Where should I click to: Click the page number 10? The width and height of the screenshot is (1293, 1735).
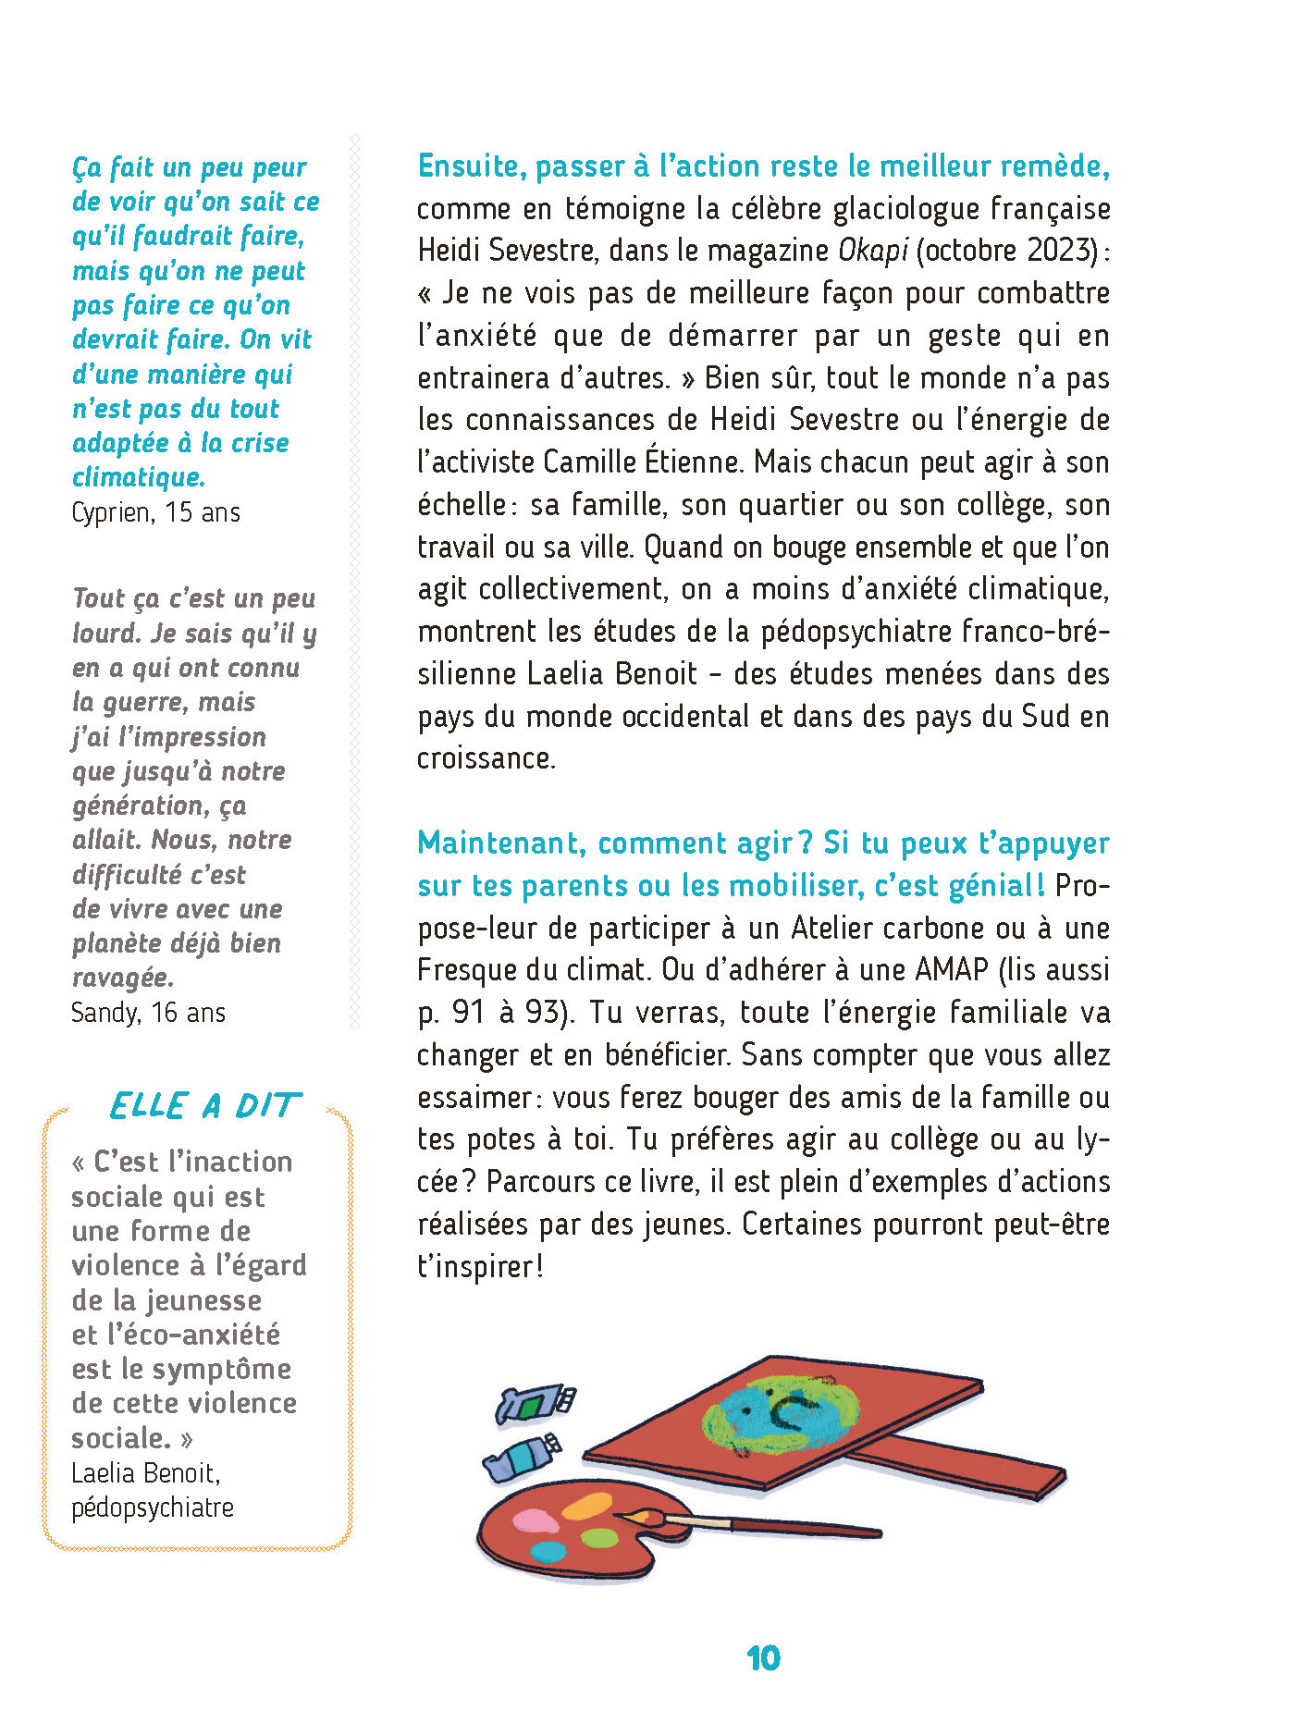[763, 1658]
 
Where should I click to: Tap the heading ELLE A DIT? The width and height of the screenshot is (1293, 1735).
[204, 1105]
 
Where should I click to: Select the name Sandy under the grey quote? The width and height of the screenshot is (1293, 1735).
[105, 1013]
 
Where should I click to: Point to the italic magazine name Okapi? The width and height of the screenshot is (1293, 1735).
[873, 251]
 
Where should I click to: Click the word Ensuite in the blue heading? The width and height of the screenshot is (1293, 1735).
[471, 166]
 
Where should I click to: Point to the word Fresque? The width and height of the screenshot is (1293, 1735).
[466, 970]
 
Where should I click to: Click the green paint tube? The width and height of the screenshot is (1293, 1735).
[536, 1404]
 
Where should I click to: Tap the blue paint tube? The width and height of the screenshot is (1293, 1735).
[523, 1456]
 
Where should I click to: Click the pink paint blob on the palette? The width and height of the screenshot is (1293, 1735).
[534, 1520]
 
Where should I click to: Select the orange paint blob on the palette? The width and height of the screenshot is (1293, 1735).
[587, 1507]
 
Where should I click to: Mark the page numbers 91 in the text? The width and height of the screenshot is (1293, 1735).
[468, 1013]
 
